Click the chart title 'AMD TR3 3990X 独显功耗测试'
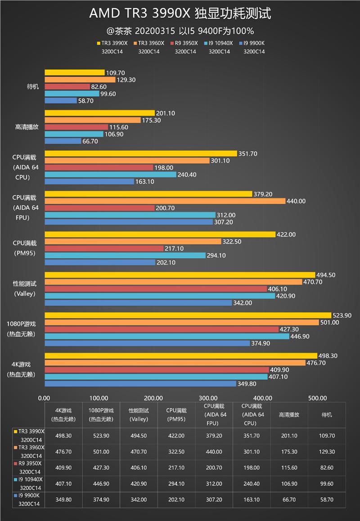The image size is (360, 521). tap(180, 14)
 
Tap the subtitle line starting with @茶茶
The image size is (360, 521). tap(180, 31)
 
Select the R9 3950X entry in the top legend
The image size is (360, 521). tap(185, 43)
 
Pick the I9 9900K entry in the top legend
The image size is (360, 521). tap(254, 43)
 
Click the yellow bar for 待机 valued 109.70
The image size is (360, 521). tap(74, 72)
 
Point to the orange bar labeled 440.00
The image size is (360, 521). tap(165, 201)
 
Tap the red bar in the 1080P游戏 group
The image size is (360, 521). tap(161, 329)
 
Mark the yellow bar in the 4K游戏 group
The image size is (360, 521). tap(180, 356)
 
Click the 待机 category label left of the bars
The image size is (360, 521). tap(33, 86)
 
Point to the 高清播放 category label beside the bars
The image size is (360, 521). tap(27, 127)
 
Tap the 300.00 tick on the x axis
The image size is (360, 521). tap(208, 398)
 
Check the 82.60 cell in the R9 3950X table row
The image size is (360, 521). tap(327, 468)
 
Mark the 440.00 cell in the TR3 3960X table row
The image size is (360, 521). tap(213, 451)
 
